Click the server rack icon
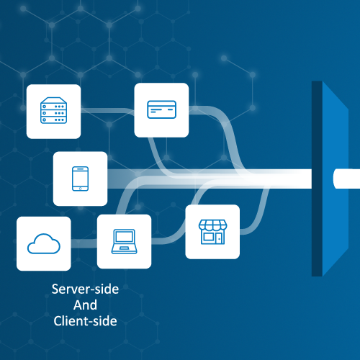(x=53, y=110)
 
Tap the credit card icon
(x=161, y=109)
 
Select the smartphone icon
(x=80, y=179)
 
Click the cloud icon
(x=44, y=244)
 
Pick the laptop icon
(x=124, y=241)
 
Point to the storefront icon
(x=212, y=232)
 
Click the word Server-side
(x=85, y=289)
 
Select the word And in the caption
(x=85, y=305)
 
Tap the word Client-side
(x=85, y=321)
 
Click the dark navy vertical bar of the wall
(x=317, y=179)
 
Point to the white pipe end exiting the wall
(x=346, y=179)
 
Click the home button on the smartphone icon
(x=80, y=189)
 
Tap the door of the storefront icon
(x=220, y=238)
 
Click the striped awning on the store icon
(x=212, y=225)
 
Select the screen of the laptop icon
(x=124, y=237)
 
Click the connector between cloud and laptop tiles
(x=84, y=243)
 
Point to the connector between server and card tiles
(x=107, y=111)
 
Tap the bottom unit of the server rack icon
(x=53, y=120)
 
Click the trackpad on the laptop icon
(x=124, y=248)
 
